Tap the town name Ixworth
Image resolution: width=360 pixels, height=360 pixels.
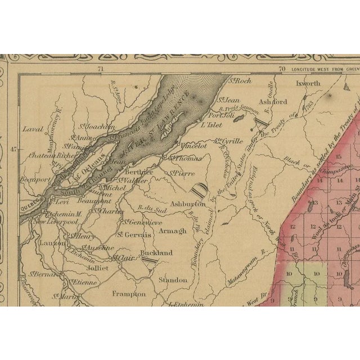tap(308, 83)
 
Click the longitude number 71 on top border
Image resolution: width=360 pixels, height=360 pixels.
tap(101, 69)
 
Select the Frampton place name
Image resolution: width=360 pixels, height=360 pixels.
tap(129, 294)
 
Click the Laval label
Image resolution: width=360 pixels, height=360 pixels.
tap(33, 129)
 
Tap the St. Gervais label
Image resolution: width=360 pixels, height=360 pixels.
tap(134, 235)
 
